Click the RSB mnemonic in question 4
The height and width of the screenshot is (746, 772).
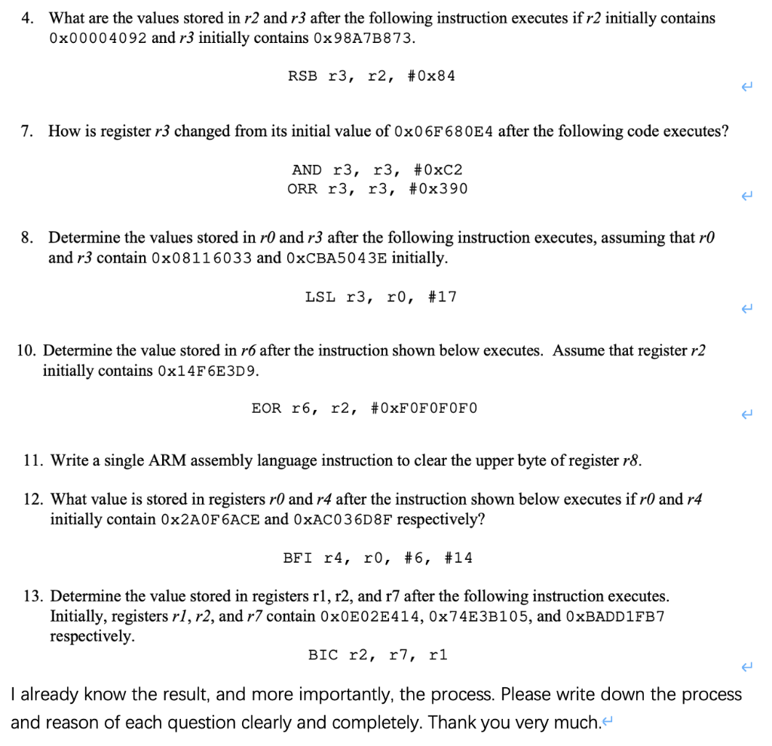(x=302, y=76)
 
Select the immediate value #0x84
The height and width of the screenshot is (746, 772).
(x=432, y=76)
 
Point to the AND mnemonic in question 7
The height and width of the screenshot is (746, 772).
(x=306, y=170)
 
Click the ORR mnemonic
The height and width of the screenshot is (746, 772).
(x=302, y=188)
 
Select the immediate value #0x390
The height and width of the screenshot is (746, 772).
(x=438, y=188)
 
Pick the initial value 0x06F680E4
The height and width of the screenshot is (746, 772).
(x=444, y=132)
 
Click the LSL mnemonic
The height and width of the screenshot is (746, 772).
(x=320, y=297)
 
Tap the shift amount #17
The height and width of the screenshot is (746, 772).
(x=443, y=297)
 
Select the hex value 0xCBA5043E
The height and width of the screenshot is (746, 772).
(x=337, y=258)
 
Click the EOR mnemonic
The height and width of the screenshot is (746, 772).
(x=266, y=408)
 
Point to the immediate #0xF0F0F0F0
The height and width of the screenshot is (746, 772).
(x=424, y=408)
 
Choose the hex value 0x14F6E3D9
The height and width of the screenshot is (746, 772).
(x=209, y=371)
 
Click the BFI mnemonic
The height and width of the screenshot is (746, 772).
(x=298, y=558)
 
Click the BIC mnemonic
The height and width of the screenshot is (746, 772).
(x=323, y=655)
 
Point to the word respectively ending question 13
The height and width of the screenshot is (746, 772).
(x=92, y=636)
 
